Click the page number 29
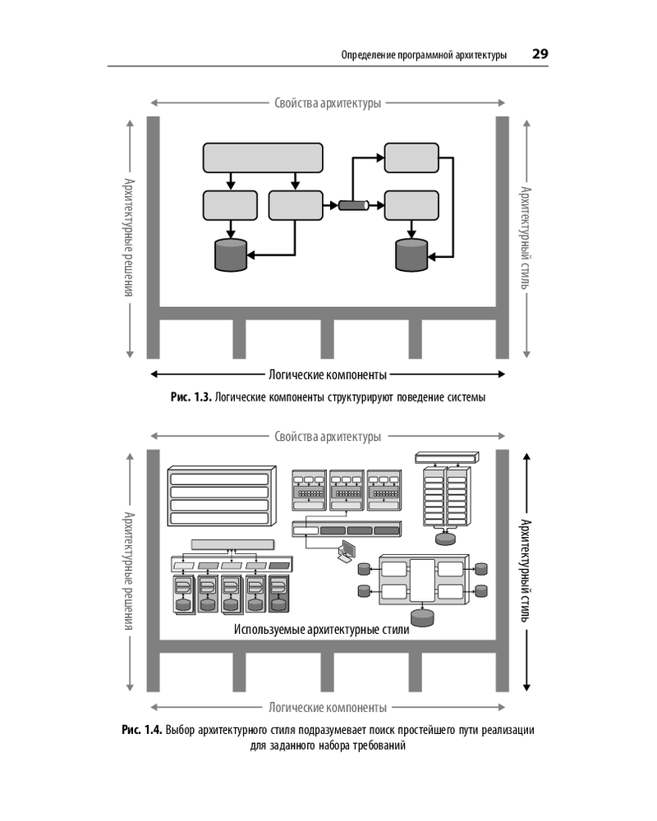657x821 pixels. [540, 54]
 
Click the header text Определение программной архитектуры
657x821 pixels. [423, 55]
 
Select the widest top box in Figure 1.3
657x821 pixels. [263, 158]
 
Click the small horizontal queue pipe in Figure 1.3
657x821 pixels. [352, 205]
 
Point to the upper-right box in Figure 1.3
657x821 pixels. [412, 157]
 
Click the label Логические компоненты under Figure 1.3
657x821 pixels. [328, 375]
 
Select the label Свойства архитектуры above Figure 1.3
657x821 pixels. [328, 103]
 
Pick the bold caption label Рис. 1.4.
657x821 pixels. [141, 731]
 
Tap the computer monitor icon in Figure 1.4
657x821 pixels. [347, 550]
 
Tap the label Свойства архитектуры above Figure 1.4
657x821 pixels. [328, 436]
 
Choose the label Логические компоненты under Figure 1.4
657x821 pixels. [328, 708]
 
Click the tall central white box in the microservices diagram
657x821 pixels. [422, 580]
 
